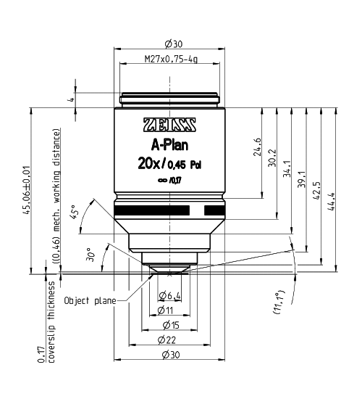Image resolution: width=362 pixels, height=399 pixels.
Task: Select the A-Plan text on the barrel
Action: tap(169, 144)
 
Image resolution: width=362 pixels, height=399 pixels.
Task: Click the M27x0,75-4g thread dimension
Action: tap(169, 61)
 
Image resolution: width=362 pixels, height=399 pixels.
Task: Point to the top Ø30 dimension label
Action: tap(169, 44)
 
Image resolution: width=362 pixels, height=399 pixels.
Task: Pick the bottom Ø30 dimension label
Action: tap(169, 353)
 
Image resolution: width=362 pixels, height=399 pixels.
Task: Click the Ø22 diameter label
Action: tap(169, 339)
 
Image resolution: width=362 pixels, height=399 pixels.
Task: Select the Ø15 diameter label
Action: tap(169, 324)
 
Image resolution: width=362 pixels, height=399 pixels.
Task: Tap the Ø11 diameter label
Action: tap(169, 310)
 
